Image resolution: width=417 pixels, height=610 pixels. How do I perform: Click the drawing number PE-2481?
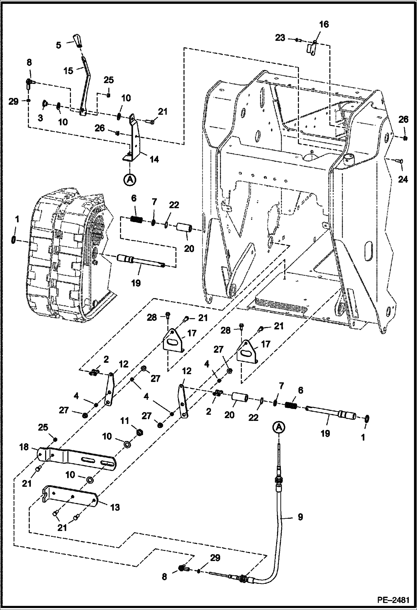click(393, 600)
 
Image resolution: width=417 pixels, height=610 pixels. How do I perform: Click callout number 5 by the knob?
click(58, 45)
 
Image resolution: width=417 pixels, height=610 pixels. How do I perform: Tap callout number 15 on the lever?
click(68, 71)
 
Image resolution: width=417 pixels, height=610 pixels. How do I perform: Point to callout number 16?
click(324, 24)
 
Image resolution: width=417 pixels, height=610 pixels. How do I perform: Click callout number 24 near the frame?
click(403, 179)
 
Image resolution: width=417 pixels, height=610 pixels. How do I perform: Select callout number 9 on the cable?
click(300, 517)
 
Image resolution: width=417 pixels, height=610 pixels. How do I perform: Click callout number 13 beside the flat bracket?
click(115, 507)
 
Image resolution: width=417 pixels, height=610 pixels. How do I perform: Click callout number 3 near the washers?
click(40, 118)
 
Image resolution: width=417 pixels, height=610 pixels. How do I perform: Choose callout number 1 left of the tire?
click(17, 220)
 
